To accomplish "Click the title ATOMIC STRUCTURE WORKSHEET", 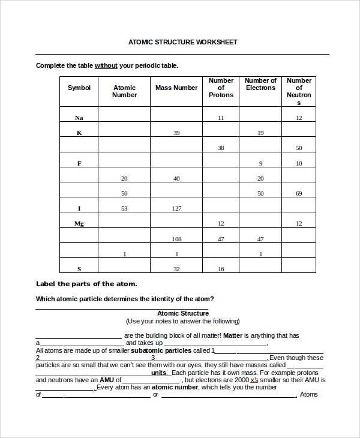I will [183, 42].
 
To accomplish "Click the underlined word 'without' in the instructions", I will [106, 65].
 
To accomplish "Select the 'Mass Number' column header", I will [176, 88].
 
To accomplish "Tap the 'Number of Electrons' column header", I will [260, 84].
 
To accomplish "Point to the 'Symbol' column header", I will [79, 88].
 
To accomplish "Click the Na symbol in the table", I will [79, 118].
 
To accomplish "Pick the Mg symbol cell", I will [79, 223].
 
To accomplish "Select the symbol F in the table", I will [79, 163].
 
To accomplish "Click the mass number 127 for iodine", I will [176, 209].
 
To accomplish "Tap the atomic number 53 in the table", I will [124, 209].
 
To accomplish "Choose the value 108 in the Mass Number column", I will [176, 239].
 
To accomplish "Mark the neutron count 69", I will [299, 193].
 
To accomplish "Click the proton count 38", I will [221, 148].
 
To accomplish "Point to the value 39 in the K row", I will [176, 133].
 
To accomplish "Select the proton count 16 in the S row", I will [221, 269].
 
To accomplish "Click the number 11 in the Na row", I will [221, 118].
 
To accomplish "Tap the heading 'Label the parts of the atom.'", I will [86, 284].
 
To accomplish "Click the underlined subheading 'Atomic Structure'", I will [183, 313].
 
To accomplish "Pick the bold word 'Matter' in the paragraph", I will [233, 336].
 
